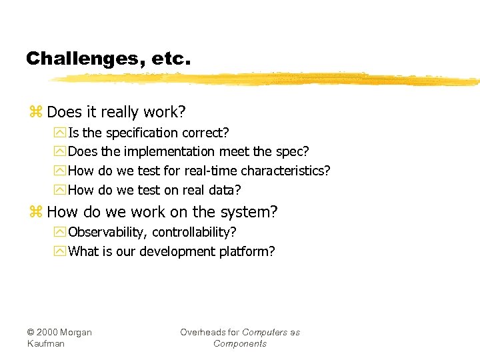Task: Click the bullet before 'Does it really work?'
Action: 35,111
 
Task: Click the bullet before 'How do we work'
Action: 35,212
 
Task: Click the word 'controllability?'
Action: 194,232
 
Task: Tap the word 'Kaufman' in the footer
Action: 46,343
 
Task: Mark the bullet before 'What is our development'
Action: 61,251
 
